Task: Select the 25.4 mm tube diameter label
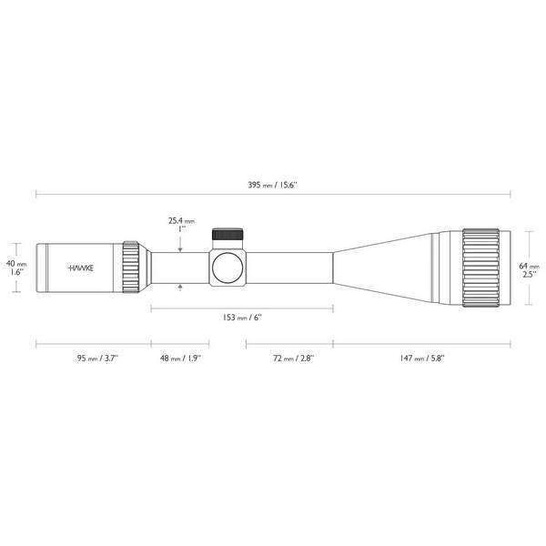pyautogui.click(x=181, y=220)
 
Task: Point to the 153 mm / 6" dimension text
pyautogui.click(x=241, y=317)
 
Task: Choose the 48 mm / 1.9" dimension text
pyautogui.click(x=179, y=359)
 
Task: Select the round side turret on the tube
pyautogui.click(x=227, y=268)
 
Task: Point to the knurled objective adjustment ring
pyautogui.click(x=480, y=268)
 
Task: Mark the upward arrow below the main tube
pyautogui.click(x=183, y=288)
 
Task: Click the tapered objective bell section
pyautogui.click(x=382, y=268)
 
